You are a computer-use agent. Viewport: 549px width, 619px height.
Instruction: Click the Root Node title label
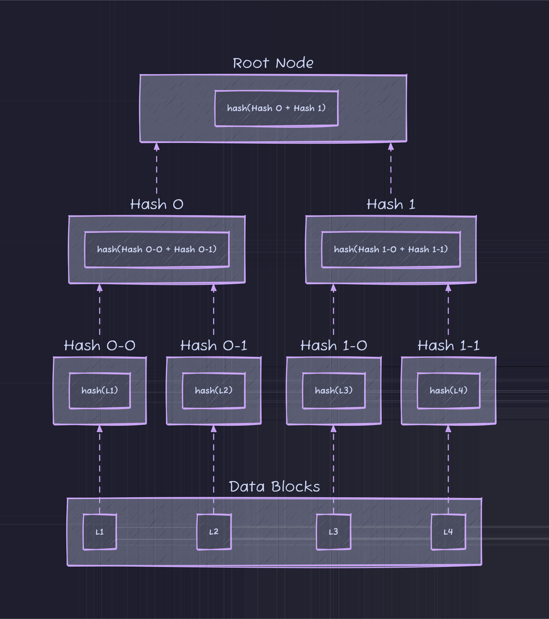pos(273,63)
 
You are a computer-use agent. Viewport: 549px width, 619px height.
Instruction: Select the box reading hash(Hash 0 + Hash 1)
pos(276,108)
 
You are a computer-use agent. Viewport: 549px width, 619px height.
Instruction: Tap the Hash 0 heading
pos(157,204)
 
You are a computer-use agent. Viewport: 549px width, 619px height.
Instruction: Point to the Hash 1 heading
pos(391,204)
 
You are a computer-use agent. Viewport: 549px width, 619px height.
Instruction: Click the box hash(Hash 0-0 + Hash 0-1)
pos(157,250)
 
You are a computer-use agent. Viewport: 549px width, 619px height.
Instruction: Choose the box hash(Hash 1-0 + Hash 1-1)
pos(391,250)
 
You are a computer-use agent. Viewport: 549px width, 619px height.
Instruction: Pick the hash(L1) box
pos(100,391)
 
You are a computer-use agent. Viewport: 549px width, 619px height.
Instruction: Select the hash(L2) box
pos(213,391)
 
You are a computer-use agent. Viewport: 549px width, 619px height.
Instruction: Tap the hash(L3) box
pos(334,391)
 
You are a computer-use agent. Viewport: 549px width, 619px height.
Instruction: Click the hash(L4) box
pos(448,391)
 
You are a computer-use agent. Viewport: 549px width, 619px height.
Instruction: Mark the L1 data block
pos(100,532)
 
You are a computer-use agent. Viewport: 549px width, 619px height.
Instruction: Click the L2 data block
pos(214,532)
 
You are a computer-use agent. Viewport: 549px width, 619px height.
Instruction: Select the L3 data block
pos(334,532)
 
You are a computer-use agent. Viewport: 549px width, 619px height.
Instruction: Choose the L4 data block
pos(448,532)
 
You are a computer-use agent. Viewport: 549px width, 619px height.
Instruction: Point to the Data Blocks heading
pos(274,487)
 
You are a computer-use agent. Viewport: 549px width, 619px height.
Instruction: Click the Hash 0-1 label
pos(213,345)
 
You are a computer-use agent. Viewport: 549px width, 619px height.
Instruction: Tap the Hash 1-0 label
pos(334,345)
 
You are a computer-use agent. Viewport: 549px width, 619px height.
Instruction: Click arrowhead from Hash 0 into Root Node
pos(157,147)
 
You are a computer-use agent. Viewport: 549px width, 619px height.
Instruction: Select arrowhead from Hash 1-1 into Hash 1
pos(448,288)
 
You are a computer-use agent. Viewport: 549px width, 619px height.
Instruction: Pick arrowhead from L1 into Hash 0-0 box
pos(100,429)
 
